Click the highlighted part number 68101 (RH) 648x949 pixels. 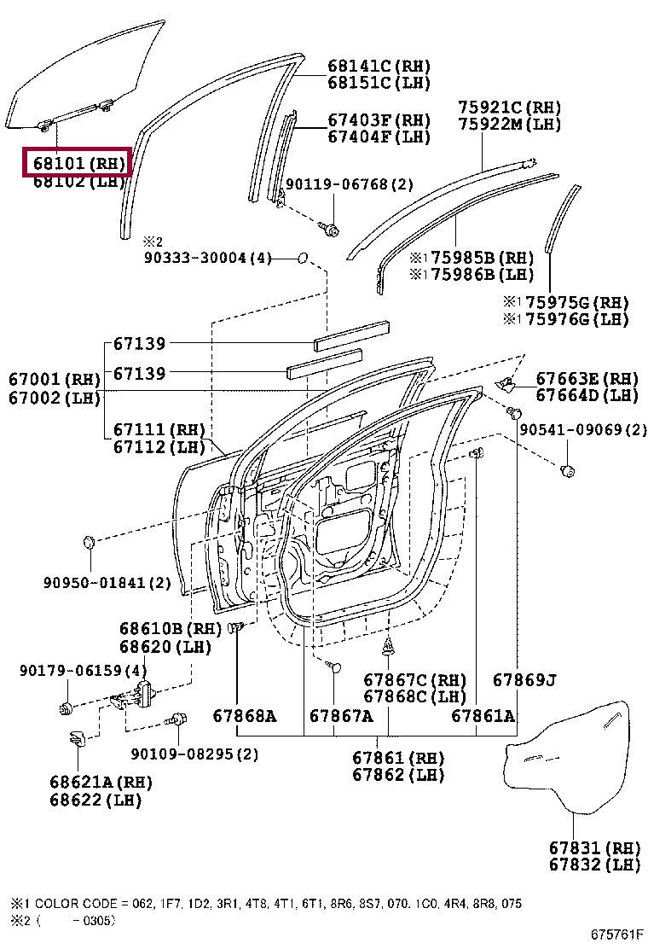coord(78,163)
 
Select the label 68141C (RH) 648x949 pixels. coord(379,66)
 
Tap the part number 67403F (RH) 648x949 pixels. coord(379,119)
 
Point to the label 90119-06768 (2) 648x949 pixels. coord(350,184)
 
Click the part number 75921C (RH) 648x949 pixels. coord(510,108)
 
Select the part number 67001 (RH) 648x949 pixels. coord(55,380)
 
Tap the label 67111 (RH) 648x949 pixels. coord(159,430)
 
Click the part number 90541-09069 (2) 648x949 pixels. coord(583,430)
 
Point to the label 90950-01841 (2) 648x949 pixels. coord(107,583)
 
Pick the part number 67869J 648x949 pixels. coord(524,680)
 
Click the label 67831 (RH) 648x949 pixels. coord(594,847)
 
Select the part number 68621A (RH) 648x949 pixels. coord(101,782)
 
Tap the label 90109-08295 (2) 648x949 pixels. coord(194,754)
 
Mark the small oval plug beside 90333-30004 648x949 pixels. coord(303,259)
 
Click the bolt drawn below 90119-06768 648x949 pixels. coord(330,228)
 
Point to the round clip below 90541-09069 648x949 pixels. coord(567,470)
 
